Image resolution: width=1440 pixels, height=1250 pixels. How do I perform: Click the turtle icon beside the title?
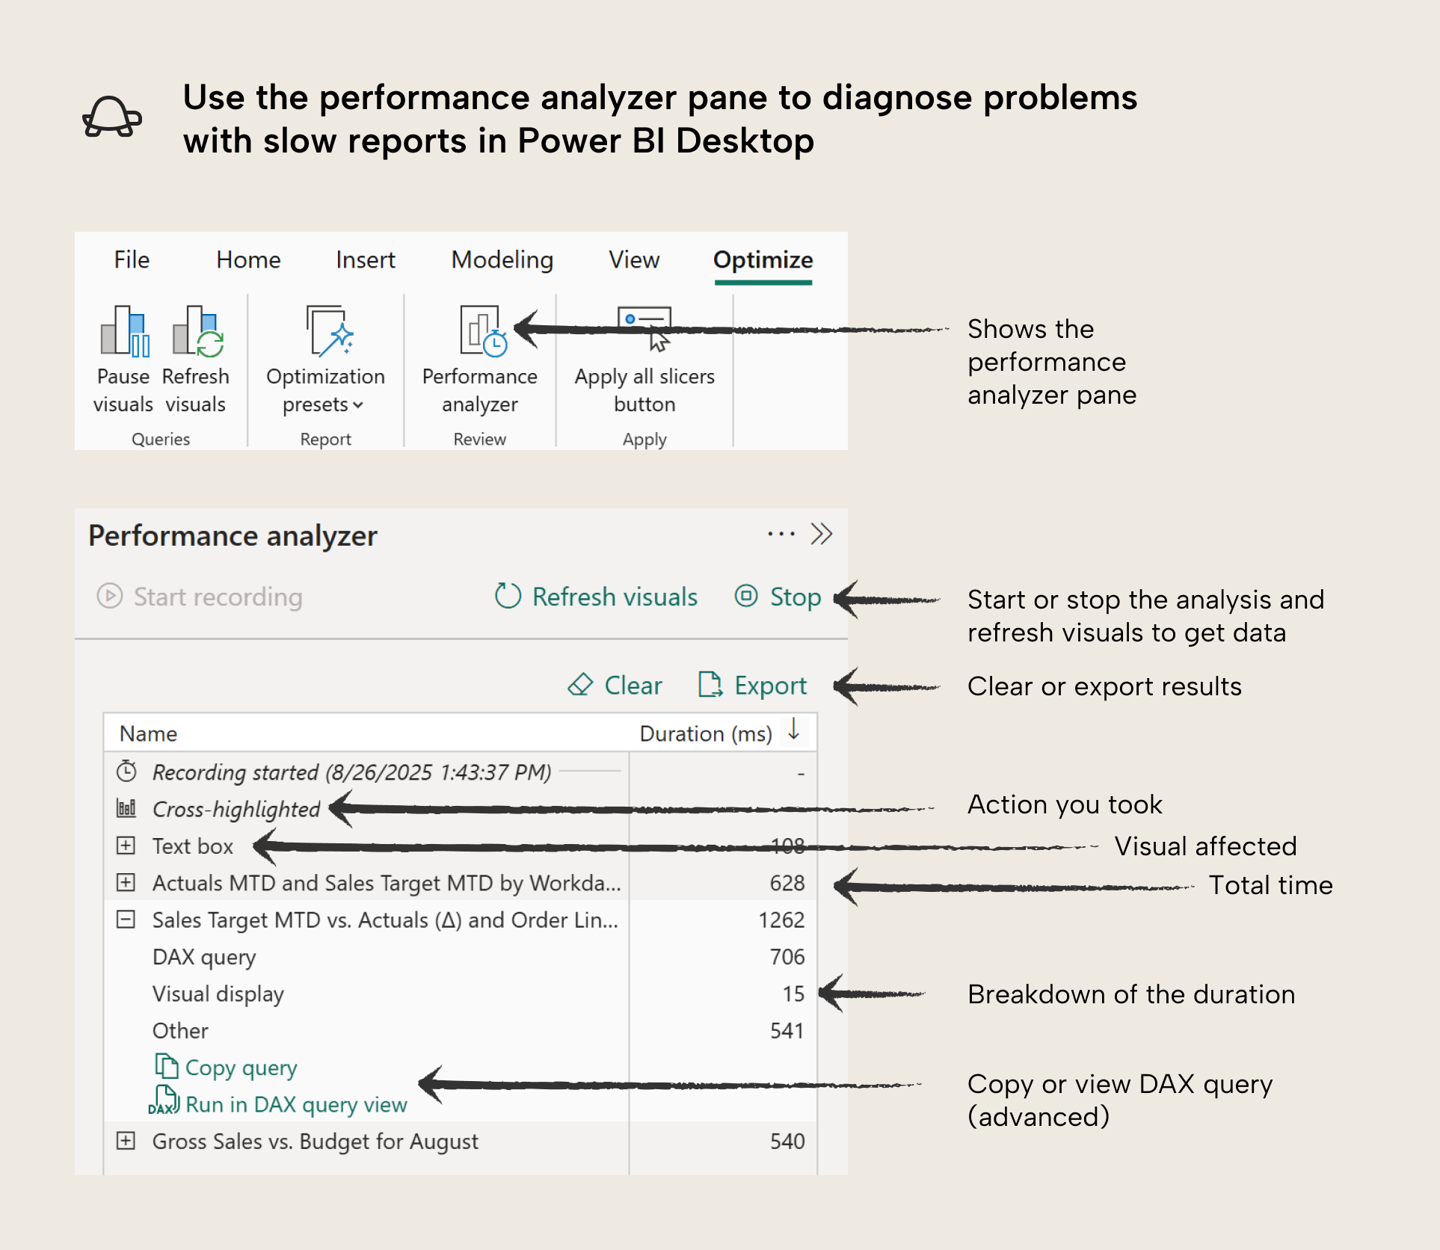coord(112,118)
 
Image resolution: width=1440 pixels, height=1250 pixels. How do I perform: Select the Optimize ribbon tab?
coord(763,259)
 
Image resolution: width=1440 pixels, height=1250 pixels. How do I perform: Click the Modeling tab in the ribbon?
coord(502,259)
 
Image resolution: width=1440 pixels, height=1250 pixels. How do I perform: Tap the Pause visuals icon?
coord(124,331)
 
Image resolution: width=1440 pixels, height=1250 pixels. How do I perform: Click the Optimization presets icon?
coord(327,331)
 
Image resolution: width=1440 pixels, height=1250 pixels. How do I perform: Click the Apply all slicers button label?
coord(644,390)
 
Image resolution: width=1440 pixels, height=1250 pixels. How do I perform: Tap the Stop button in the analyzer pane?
coord(778,597)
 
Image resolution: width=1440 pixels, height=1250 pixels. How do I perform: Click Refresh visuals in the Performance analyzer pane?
coord(597,597)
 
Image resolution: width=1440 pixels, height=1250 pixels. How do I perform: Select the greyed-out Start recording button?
coord(200,597)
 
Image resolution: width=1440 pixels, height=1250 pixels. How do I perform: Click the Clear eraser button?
coord(615,685)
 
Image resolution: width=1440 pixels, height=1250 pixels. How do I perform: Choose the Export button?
coord(753,685)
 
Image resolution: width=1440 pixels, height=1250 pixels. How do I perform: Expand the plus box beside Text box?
coord(126,846)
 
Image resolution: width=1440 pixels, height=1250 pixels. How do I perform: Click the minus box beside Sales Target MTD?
coord(126,920)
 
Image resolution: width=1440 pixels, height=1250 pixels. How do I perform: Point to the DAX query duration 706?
coord(787,957)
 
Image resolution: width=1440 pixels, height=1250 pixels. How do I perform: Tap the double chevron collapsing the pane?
coord(821,535)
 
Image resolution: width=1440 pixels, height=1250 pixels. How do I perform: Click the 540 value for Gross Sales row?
coord(787,1142)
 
